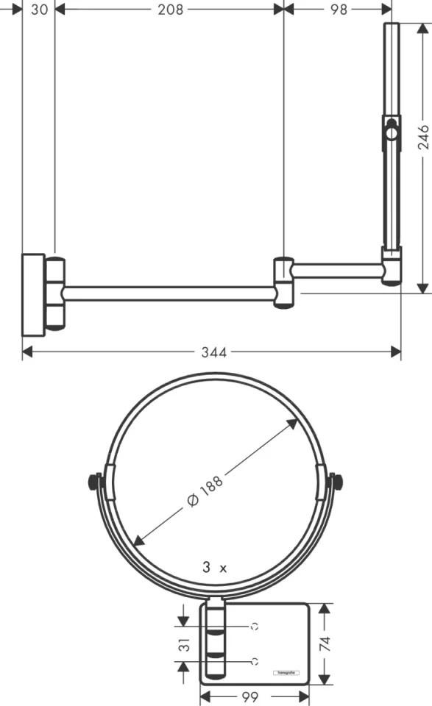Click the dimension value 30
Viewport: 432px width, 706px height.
point(40,9)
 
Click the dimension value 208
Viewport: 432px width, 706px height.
point(170,9)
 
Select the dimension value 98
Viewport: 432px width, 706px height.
point(338,9)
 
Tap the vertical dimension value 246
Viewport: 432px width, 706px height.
point(424,136)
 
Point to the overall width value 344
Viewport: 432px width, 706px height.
point(213,352)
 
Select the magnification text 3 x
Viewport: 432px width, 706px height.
point(215,568)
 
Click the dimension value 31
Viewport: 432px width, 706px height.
point(185,644)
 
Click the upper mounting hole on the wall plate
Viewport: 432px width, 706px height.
point(255,627)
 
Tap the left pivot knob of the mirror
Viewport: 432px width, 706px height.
point(94,482)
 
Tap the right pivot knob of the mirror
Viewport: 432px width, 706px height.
point(339,482)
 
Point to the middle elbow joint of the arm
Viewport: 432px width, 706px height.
point(284,282)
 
